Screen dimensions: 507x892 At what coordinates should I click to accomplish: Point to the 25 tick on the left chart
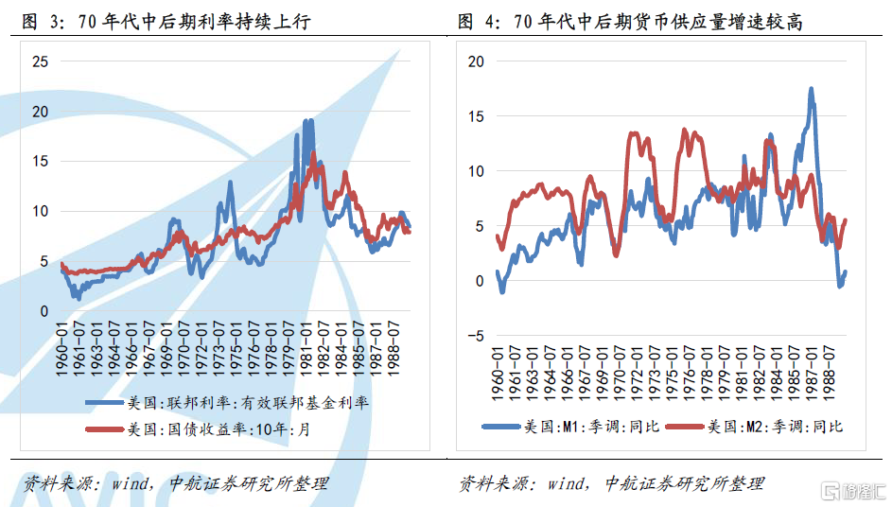tap(40, 62)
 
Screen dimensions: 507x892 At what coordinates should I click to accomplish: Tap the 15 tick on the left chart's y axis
tap(40, 162)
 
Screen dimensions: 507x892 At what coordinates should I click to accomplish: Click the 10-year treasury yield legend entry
tap(227, 429)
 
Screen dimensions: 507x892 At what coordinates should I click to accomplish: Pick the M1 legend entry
tap(568, 427)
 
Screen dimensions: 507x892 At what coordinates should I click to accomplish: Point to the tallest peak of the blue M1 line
tap(811, 89)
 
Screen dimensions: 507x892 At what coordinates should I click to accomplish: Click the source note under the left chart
tap(175, 483)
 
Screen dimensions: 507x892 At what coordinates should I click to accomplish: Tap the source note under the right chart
tap(611, 483)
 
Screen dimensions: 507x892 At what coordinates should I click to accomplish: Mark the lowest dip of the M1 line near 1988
tap(839, 286)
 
